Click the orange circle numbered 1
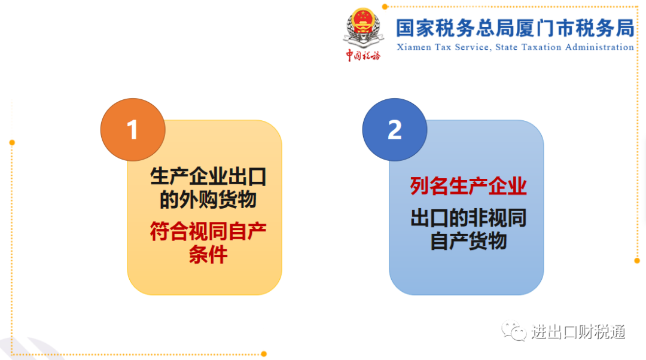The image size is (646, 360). [x=133, y=130]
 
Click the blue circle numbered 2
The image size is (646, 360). [x=395, y=130]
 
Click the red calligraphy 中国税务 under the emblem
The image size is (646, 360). [x=363, y=55]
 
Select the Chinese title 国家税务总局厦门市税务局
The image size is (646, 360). [x=515, y=28]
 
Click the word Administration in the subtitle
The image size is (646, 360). [x=599, y=47]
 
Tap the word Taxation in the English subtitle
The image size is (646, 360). [x=541, y=47]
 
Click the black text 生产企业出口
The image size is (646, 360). [x=208, y=176]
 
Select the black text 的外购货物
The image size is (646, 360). [x=208, y=200]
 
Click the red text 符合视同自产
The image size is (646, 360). [x=208, y=231]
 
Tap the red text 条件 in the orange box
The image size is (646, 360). [x=208, y=255]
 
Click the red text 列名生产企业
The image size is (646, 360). [x=468, y=186]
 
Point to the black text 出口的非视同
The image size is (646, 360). [x=468, y=218]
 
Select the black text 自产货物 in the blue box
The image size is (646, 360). [x=468, y=241]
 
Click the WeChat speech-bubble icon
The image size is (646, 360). [x=514, y=331]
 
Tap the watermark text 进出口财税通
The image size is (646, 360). [x=578, y=331]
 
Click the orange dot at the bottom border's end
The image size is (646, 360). [x=264, y=354]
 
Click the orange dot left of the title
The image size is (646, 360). [x=385, y=7]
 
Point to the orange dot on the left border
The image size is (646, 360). [x=12, y=142]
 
